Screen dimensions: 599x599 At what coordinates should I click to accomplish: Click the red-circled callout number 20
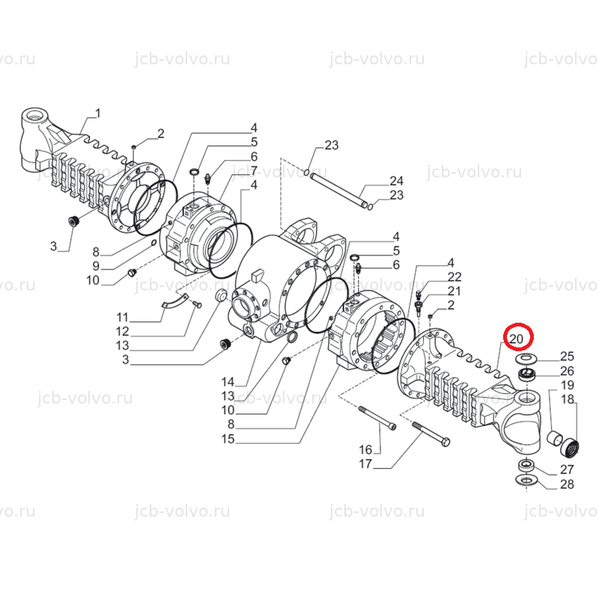pyautogui.click(x=516, y=338)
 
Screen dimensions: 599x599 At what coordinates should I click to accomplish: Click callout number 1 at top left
pyautogui.click(x=98, y=114)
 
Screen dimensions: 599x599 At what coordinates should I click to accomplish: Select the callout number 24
pyautogui.click(x=396, y=180)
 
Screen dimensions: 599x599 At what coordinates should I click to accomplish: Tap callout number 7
pyautogui.click(x=254, y=171)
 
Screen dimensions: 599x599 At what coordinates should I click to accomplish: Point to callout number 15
pyautogui.click(x=228, y=439)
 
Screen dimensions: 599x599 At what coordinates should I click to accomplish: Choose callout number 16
pyautogui.click(x=365, y=450)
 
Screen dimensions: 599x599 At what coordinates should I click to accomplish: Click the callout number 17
pyautogui.click(x=365, y=463)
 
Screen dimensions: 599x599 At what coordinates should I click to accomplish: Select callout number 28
pyautogui.click(x=567, y=484)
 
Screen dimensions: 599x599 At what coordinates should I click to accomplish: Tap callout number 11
pyautogui.click(x=122, y=317)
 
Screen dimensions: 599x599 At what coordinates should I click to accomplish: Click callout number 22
pyautogui.click(x=454, y=276)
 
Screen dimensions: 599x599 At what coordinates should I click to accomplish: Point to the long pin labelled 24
pyautogui.click(x=338, y=190)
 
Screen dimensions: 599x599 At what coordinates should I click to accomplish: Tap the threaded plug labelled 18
pyautogui.click(x=570, y=448)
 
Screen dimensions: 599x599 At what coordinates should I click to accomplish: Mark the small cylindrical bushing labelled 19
pyautogui.click(x=554, y=438)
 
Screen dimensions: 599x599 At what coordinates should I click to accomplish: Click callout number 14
pyautogui.click(x=228, y=382)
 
